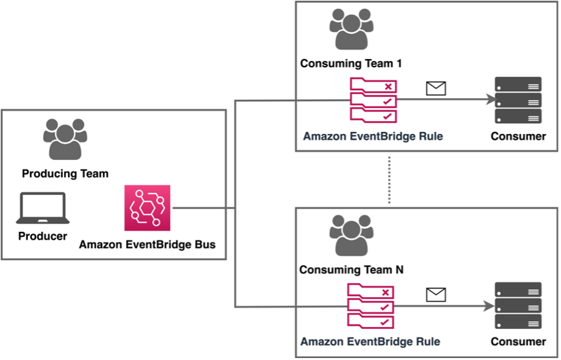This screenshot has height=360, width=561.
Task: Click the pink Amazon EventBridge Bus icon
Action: (x=147, y=208)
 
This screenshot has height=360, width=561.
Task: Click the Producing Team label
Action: (x=65, y=174)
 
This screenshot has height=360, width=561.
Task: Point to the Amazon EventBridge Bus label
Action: (x=147, y=245)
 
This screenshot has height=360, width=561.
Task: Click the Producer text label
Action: (x=42, y=236)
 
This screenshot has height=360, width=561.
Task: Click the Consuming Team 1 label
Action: (x=351, y=63)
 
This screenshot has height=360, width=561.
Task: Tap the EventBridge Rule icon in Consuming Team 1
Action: (x=373, y=100)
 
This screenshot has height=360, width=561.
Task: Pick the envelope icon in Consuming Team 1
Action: (x=436, y=89)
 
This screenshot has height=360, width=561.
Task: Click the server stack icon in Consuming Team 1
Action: (x=518, y=100)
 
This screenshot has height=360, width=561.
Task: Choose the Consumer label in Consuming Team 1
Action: (x=518, y=137)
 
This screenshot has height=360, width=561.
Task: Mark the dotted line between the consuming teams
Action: (x=389, y=179)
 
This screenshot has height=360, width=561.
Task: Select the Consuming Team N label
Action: (x=351, y=269)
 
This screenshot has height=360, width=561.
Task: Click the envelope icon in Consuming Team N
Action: (x=436, y=295)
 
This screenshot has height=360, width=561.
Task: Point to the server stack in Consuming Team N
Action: (x=518, y=306)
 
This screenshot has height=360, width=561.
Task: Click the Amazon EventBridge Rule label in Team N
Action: (x=371, y=341)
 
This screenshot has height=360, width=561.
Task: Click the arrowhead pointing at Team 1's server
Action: (x=489, y=100)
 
